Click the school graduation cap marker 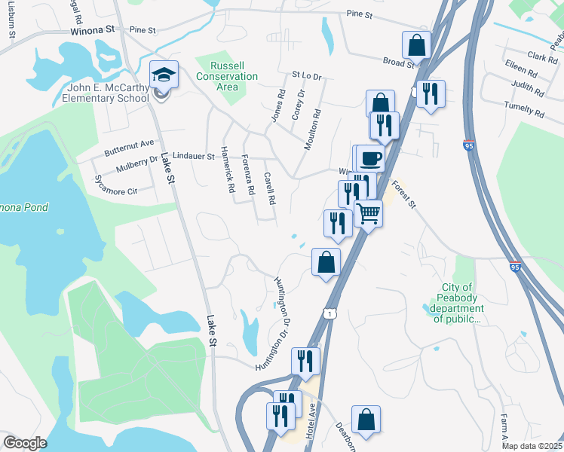[x=164, y=75]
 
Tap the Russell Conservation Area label [x=226, y=76]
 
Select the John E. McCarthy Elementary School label [x=106, y=92]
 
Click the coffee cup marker [x=370, y=158]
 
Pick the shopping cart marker [x=369, y=213]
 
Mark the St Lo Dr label [x=307, y=76]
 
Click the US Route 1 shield [x=330, y=312]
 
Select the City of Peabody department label [x=458, y=303]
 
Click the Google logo [x=25, y=443]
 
